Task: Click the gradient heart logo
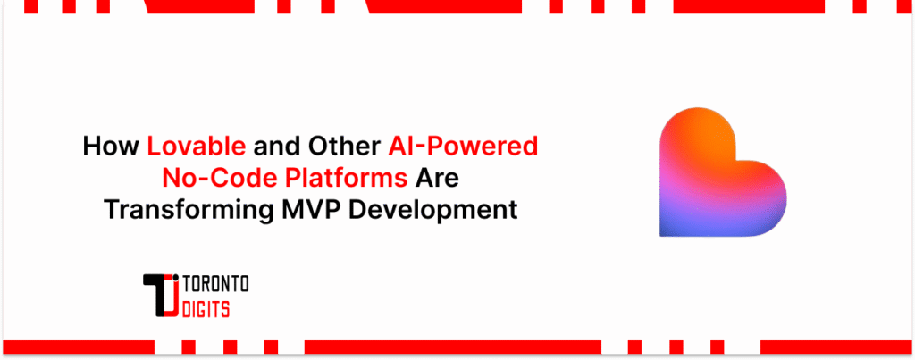point(721,175)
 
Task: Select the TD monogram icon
point(162,296)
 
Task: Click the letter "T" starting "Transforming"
point(110,210)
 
